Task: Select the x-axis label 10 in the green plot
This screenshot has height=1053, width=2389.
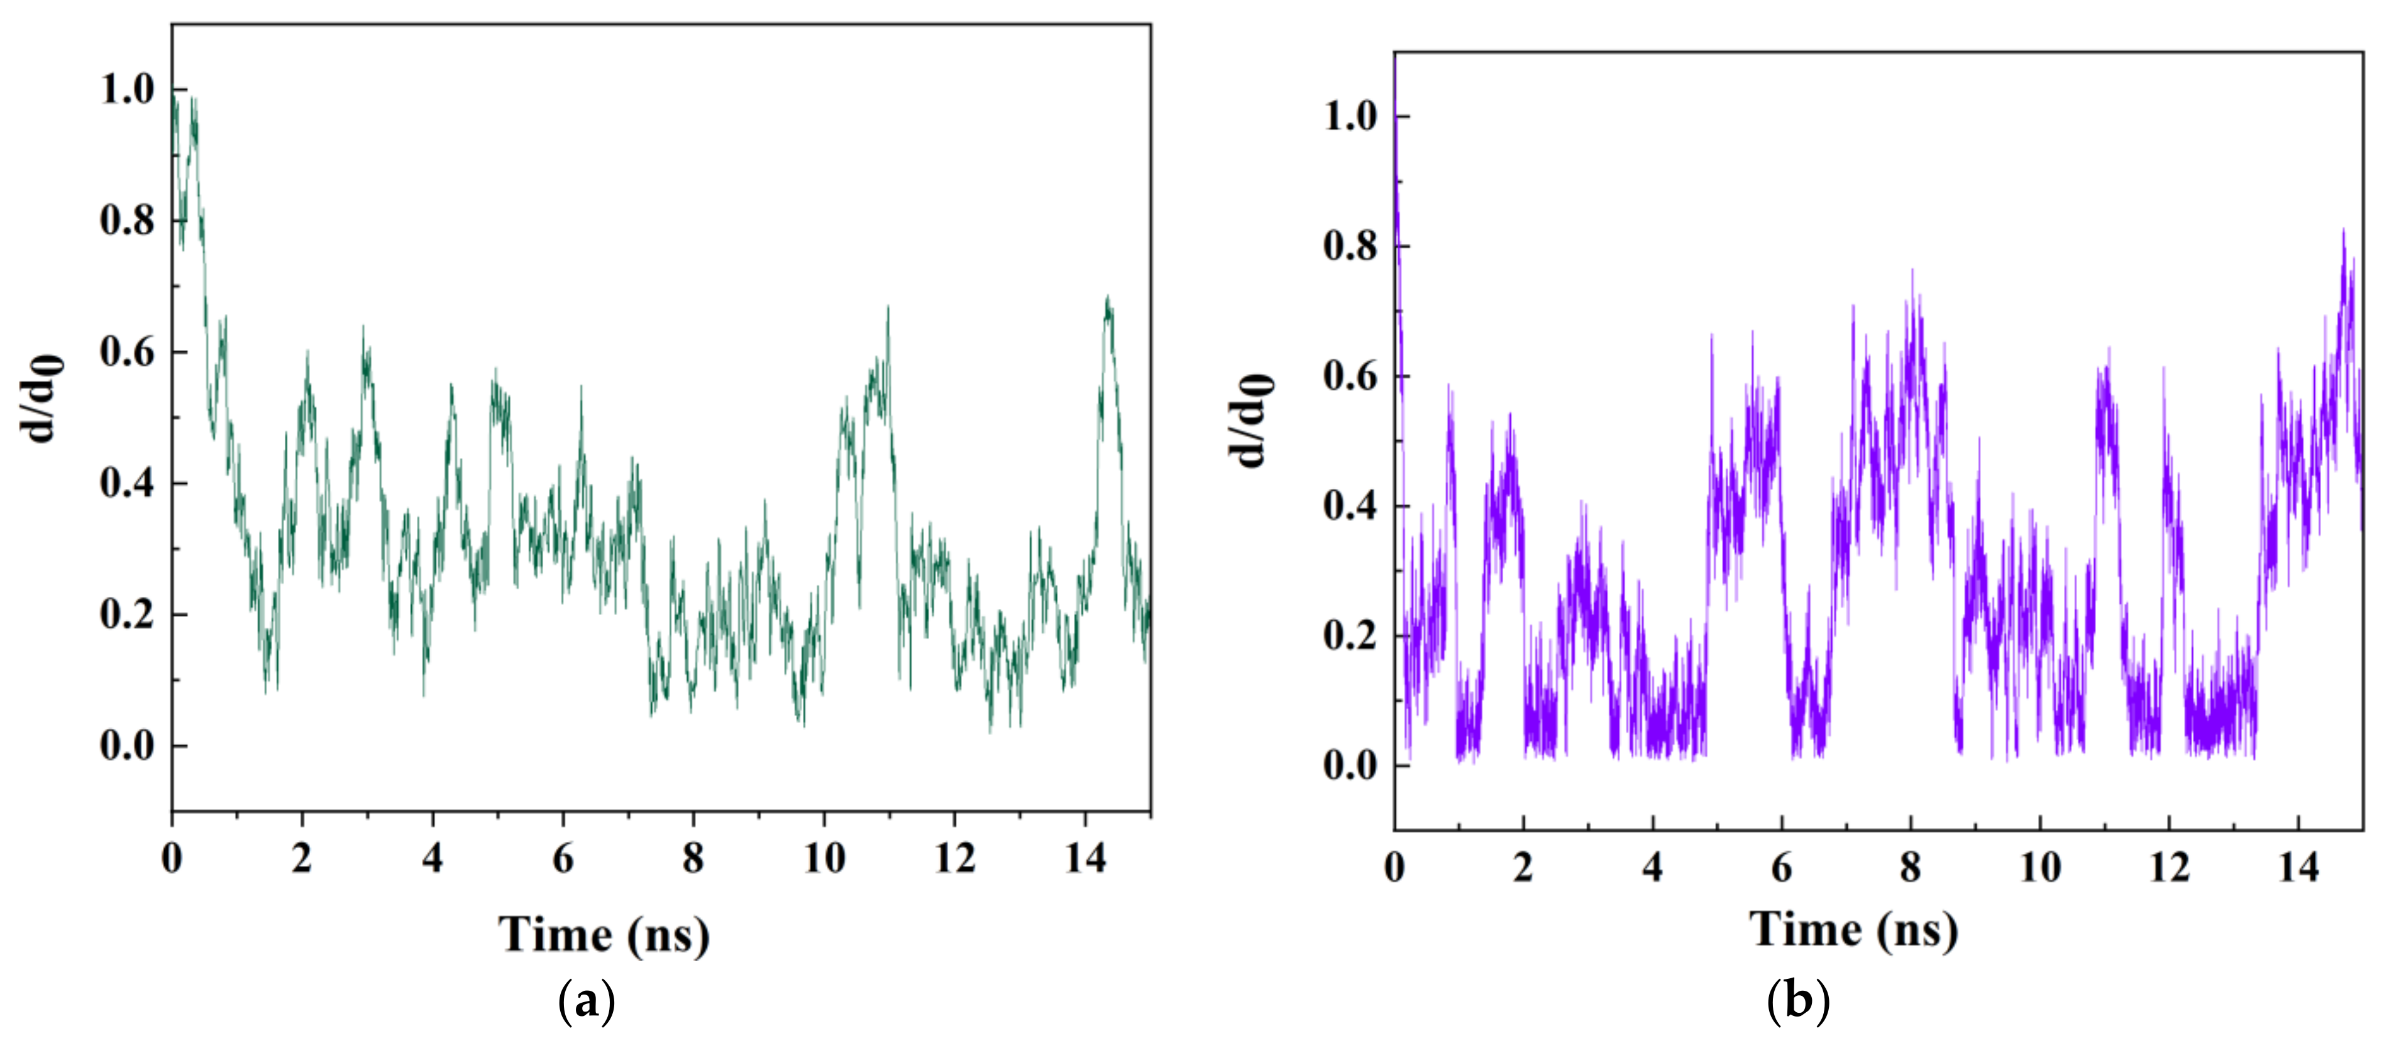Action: tap(824, 858)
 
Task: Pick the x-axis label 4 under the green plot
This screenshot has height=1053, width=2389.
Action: tap(432, 858)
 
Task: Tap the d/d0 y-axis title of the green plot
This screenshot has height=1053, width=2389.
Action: tap(41, 398)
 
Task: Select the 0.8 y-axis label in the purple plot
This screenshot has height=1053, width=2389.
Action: tap(1350, 246)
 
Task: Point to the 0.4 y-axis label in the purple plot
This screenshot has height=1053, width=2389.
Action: tap(1350, 506)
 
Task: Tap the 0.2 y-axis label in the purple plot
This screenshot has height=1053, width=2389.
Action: tap(1350, 636)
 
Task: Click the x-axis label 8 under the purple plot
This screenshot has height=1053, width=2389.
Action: tap(1911, 868)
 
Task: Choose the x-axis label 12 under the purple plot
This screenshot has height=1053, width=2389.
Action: tap(2169, 868)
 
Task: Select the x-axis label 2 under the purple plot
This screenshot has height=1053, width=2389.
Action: tap(1523, 868)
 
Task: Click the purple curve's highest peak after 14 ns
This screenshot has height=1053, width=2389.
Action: tap(2344, 230)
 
